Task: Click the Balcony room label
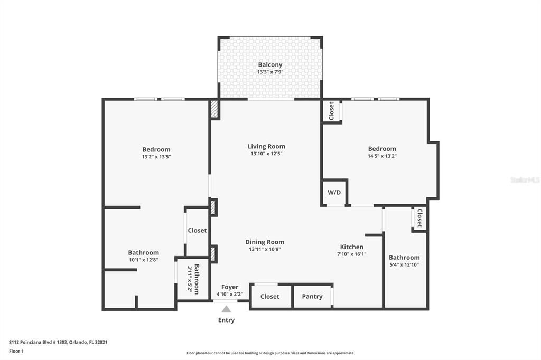point(270,64)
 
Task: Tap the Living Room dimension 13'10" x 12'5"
point(266,154)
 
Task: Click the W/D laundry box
point(334,193)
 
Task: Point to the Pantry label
point(312,297)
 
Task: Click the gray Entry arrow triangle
point(226,309)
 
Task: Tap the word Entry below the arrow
point(226,320)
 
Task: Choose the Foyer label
point(230,287)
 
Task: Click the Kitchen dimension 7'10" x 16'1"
point(352,254)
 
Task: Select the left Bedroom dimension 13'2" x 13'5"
point(156,157)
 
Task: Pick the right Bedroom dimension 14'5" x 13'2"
point(382,156)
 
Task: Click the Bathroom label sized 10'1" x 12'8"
point(143,253)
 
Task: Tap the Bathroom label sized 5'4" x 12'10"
point(404,258)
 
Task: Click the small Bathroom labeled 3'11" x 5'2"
point(193,279)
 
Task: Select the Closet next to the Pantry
point(269,297)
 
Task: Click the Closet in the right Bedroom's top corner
point(331,111)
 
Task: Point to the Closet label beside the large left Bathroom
point(197,231)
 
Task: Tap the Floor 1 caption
point(16,351)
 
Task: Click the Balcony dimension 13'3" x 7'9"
point(270,72)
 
